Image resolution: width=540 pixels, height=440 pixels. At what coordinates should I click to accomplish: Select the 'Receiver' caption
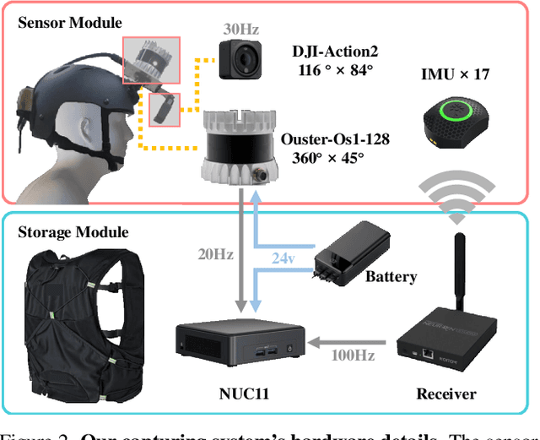445,394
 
